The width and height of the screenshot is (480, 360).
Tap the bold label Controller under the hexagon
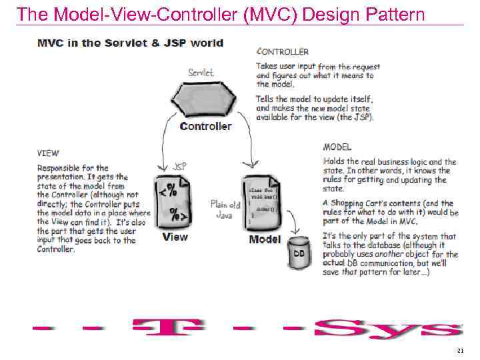tap(206, 126)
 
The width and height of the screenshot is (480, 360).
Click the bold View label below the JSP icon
tap(175, 237)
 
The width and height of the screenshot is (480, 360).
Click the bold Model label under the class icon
tap(265, 239)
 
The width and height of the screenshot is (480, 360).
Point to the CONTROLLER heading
tap(283, 51)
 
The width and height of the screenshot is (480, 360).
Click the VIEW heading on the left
tap(47, 153)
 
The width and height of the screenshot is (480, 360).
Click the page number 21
tap(460, 351)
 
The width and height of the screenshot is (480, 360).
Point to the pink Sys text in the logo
tap(387, 329)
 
